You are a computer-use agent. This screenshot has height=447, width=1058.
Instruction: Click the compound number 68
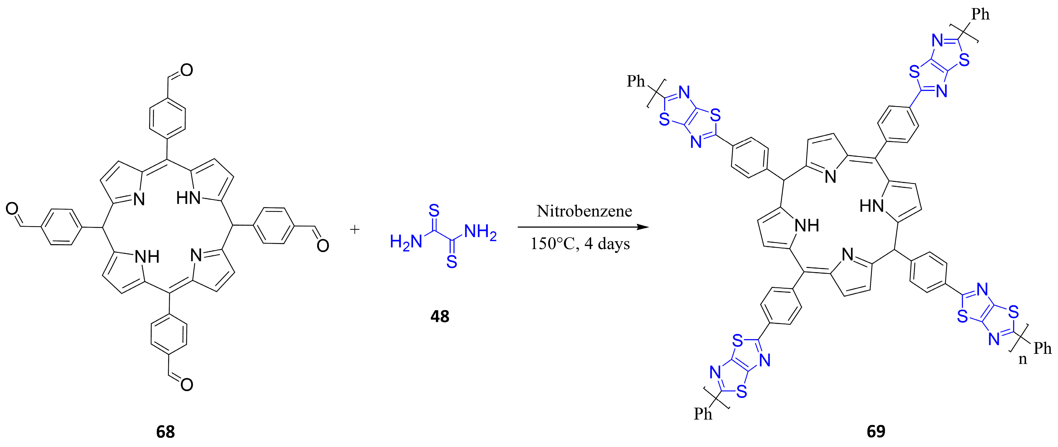(x=166, y=432)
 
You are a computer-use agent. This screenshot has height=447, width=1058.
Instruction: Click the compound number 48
(x=440, y=316)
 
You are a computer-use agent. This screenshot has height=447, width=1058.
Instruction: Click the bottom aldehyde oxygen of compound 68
(x=186, y=385)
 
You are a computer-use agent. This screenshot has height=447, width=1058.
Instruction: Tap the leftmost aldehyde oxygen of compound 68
(x=12, y=209)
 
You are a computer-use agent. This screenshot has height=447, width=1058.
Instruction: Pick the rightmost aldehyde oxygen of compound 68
(x=323, y=246)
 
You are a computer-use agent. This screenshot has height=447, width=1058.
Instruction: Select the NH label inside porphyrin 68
(x=147, y=257)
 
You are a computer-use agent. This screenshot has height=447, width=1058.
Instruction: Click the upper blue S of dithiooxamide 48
(x=434, y=211)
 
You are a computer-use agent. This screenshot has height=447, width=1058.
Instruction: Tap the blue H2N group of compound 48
(x=406, y=242)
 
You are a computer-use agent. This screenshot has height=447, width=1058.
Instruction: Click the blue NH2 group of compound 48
(x=480, y=232)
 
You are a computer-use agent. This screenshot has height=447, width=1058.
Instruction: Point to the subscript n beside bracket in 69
(x=1023, y=359)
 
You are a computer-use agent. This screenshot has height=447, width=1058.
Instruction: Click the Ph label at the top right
(x=980, y=15)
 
